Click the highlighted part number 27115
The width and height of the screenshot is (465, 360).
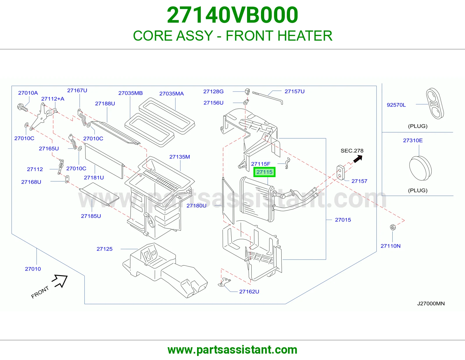pyautogui.click(x=264, y=172)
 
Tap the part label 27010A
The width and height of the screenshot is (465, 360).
pyautogui.click(x=28, y=93)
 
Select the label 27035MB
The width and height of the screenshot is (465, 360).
pyautogui.click(x=130, y=93)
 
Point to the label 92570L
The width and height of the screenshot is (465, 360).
pyautogui.click(x=396, y=105)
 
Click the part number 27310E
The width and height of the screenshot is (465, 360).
pyautogui.click(x=413, y=141)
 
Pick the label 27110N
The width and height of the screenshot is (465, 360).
pyautogui.click(x=391, y=246)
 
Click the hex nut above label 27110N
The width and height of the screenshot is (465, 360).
pyautogui.click(x=393, y=227)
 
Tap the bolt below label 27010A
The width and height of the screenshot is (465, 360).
pyautogui.click(x=22, y=107)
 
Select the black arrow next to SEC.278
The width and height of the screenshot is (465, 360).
pyautogui.click(x=357, y=159)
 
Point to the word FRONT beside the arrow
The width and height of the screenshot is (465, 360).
pyautogui.click(x=40, y=292)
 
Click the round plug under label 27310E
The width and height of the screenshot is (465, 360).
pyautogui.click(x=420, y=168)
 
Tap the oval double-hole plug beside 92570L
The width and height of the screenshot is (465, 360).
pyautogui.click(x=434, y=103)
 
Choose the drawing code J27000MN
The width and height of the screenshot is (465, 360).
pyautogui.click(x=431, y=304)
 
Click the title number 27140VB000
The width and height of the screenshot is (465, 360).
pyautogui.click(x=233, y=15)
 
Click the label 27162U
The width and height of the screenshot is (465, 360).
pyautogui.click(x=249, y=291)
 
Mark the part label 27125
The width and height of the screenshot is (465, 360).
pyautogui.click(x=104, y=249)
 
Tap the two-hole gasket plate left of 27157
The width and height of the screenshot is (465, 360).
pyautogui.click(x=340, y=172)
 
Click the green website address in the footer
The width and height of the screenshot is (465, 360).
pyautogui.click(x=233, y=350)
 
